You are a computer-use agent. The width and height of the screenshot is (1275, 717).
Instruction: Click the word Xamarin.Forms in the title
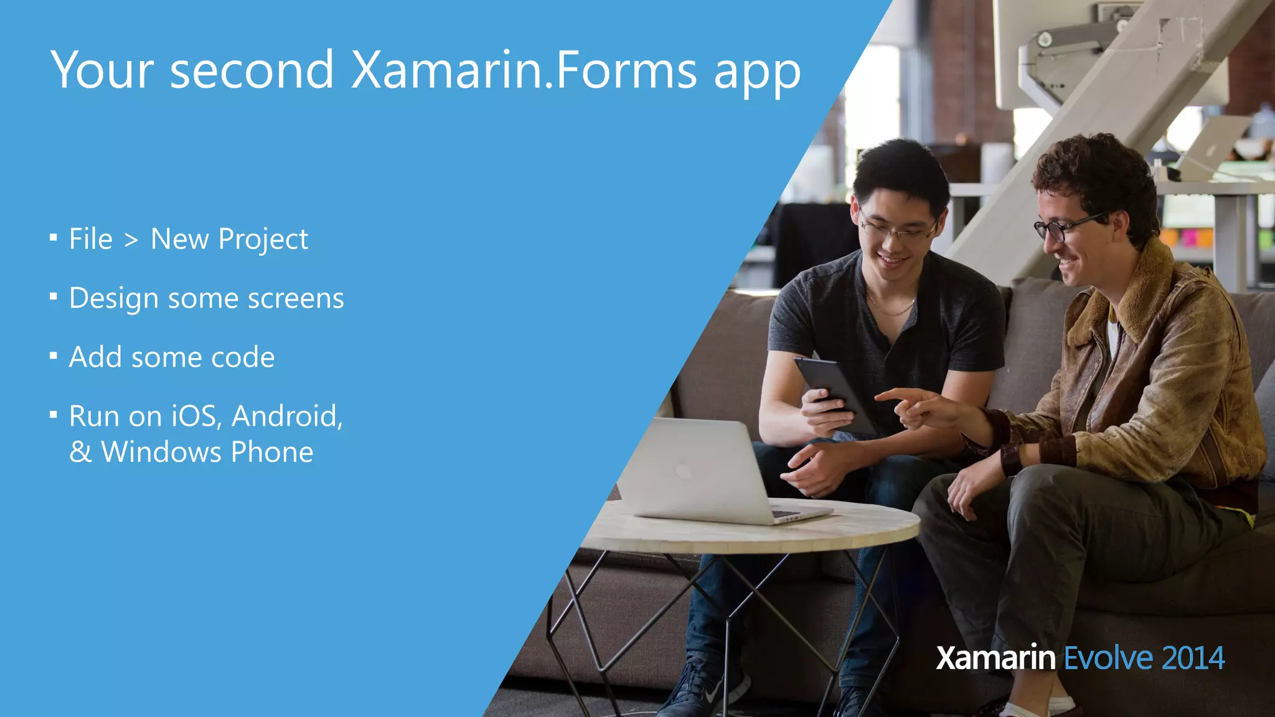523,70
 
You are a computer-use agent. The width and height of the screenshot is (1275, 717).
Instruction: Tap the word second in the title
252,70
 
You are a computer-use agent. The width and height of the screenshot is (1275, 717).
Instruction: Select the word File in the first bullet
91,239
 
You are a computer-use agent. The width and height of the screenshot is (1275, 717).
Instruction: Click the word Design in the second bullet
113,299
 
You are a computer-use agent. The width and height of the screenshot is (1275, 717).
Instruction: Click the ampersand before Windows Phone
80,452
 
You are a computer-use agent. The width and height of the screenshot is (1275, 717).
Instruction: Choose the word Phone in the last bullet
272,452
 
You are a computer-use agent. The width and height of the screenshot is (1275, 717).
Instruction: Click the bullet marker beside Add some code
54,356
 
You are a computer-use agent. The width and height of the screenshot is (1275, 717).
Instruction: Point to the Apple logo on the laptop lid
683,470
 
